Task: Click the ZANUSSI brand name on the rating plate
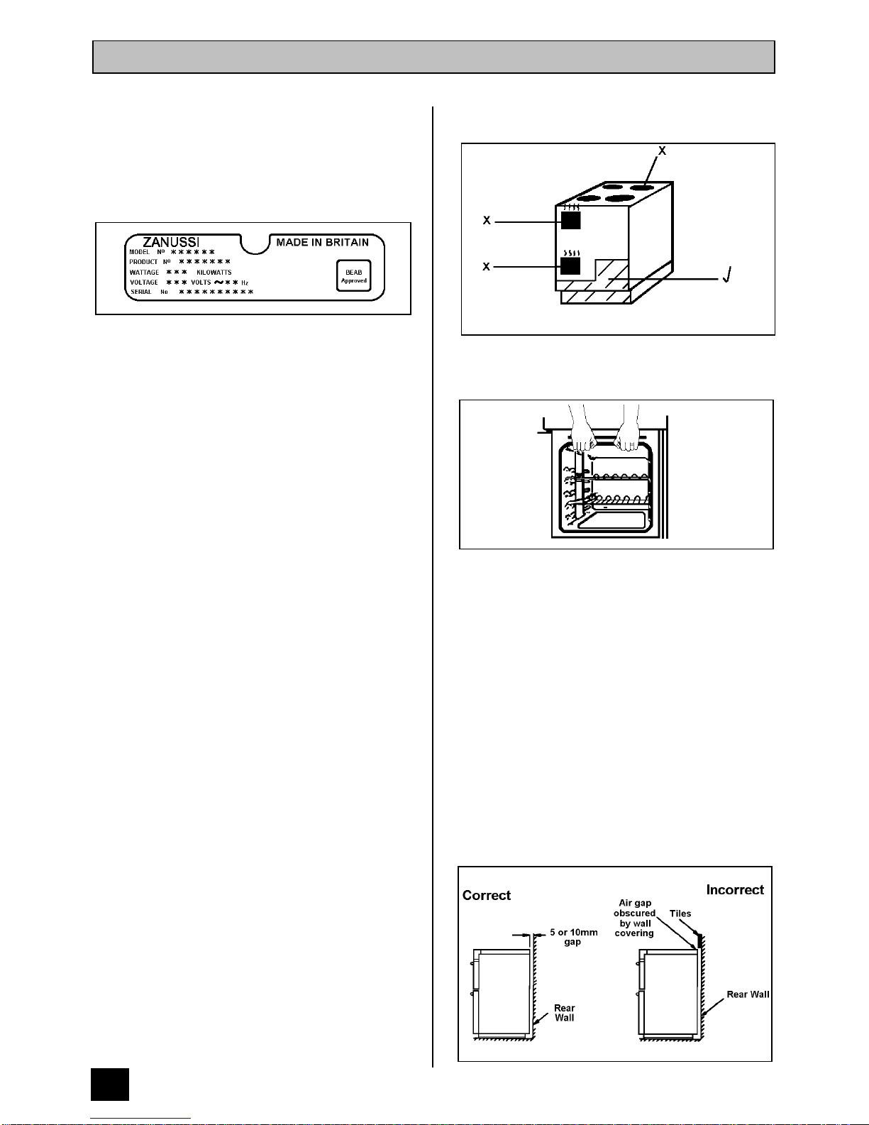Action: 171,242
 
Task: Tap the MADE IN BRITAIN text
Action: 322,242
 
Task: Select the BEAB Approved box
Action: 353,276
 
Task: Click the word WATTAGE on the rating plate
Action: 144,273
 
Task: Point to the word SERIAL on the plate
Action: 140,292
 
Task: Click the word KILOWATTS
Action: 214,273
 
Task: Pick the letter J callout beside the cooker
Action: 726,275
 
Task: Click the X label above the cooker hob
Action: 662,151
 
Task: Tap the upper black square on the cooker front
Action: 570,220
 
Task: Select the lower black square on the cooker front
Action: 570,266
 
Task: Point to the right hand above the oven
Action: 628,434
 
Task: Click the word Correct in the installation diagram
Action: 487,896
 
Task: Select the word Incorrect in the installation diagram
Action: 735,890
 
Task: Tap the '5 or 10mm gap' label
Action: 573,937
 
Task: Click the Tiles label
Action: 680,913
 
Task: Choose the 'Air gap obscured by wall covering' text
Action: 634,918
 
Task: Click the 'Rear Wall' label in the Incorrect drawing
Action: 748,994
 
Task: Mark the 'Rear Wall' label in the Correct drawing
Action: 565,1013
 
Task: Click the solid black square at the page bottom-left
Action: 110,1084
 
